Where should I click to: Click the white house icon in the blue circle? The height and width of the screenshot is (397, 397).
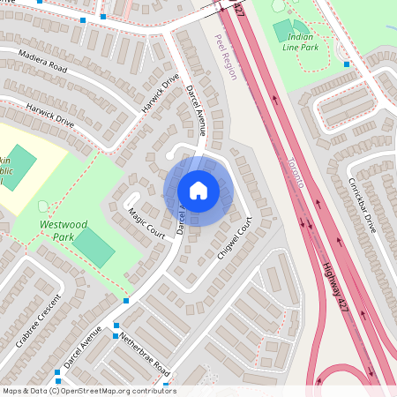point(198,191)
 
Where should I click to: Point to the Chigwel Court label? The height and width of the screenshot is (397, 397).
point(235,236)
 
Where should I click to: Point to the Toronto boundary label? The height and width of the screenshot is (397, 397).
point(295,171)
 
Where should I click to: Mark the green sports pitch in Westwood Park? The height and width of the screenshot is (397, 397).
point(94,248)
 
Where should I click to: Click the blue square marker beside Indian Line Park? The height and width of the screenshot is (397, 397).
point(347,64)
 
